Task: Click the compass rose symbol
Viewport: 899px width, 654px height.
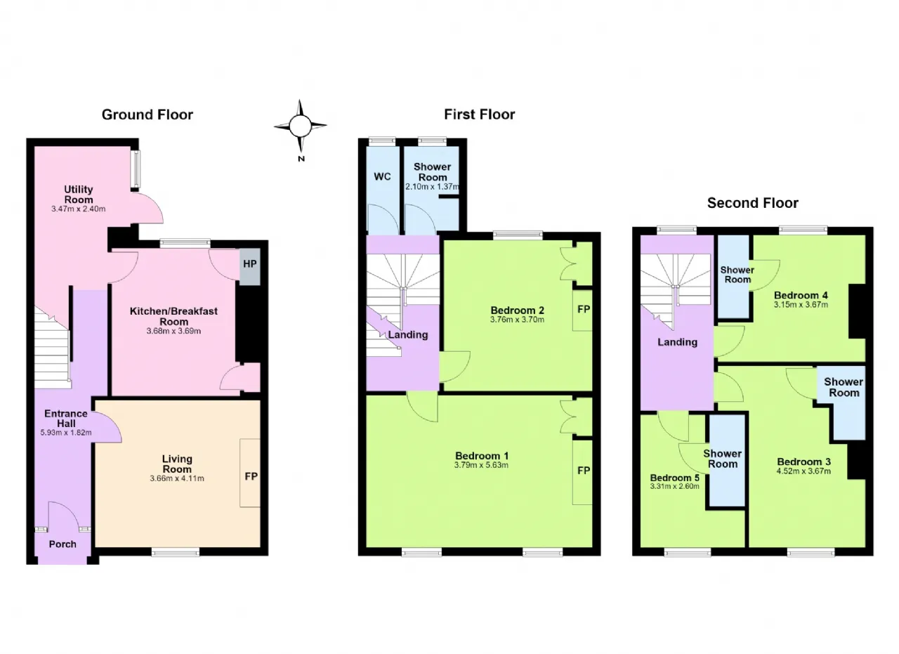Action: click(x=300, y=126)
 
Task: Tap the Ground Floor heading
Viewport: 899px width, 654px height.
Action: click(x=147, y=115)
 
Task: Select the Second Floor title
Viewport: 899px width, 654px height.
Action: click(x=752, y=203)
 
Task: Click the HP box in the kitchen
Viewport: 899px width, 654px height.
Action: click(x=250, y=266)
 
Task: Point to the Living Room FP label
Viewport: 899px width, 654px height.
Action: click(x=251, y=476)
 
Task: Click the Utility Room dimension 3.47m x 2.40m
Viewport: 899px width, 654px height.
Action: click(x=79, y=209)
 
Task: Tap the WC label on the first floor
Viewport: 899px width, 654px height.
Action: click(x=382, y=176)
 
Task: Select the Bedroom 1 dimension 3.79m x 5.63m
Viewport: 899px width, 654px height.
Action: click(x=482, y=465)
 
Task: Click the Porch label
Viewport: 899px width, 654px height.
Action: click(x=63, y=544)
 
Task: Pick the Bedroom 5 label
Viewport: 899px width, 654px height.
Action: click(x=675, y=478)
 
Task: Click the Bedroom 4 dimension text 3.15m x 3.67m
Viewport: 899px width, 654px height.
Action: click(x=801, y=305)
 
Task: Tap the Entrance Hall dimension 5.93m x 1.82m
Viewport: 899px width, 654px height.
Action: click(x=66, y=433)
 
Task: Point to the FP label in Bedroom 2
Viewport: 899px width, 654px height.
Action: click(x=584, y=309)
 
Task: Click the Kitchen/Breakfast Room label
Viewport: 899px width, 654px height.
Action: click(x=173, y=316)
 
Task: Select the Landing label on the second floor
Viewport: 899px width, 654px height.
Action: click(x=678, y=342)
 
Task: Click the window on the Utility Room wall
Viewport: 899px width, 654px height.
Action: click(x=136, y=169)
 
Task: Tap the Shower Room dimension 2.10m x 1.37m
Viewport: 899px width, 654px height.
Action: click(x=432, y=187)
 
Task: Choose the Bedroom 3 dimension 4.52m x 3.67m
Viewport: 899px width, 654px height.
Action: click(x=803, y=471)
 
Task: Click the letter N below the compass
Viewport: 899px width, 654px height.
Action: click(x=301, y=159)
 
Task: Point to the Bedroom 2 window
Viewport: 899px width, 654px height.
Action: click(x=518, y=235)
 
